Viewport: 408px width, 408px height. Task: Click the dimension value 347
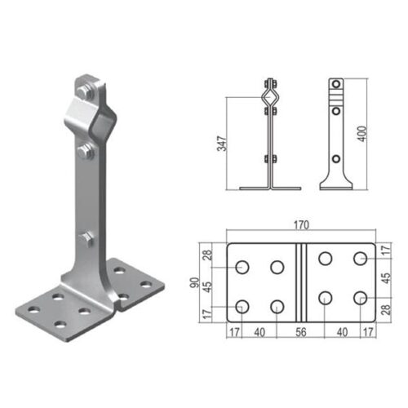tap(222, 144)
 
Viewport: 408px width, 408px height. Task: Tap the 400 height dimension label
tap(362, 134)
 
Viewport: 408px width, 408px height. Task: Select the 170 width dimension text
tap(301, 225)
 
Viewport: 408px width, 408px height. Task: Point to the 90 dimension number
tap(195, 282)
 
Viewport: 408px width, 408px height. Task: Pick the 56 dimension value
tap(301, 332)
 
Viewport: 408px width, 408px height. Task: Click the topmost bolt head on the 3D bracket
tap(84, 91)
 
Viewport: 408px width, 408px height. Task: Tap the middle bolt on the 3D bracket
tap(86, 152)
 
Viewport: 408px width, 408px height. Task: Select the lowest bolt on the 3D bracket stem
tap(87, 239)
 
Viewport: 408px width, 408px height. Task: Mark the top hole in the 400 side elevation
tap(336, 84)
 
